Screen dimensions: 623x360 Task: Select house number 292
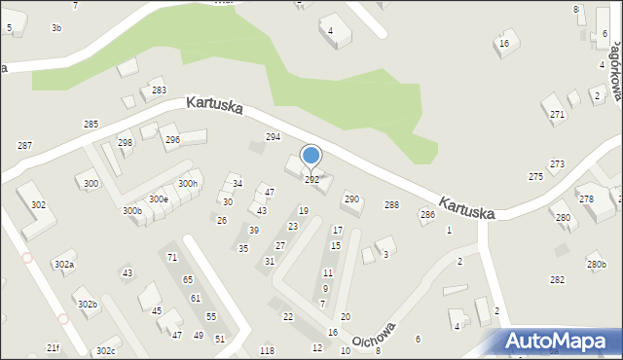[311, 180]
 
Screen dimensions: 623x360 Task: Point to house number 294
[274, 137]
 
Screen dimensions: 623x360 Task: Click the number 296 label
[172, 140]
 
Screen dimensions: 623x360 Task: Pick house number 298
[126, 143]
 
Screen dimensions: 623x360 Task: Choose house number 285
[91, 125]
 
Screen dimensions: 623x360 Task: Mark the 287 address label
[24, 145]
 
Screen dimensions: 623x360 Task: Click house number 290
[351, 198]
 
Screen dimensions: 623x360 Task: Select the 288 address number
[391, 204]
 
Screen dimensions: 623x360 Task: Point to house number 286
[426, 214]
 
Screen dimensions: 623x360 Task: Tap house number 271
[557, 115]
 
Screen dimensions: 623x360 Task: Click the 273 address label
[557, 164]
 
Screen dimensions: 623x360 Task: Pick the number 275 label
[535, 176]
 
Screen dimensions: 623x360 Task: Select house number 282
[557, 279]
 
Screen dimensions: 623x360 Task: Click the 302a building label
[64, 265]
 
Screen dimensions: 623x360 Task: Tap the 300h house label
[188, 183]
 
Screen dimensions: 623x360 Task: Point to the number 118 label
[267, 350]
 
